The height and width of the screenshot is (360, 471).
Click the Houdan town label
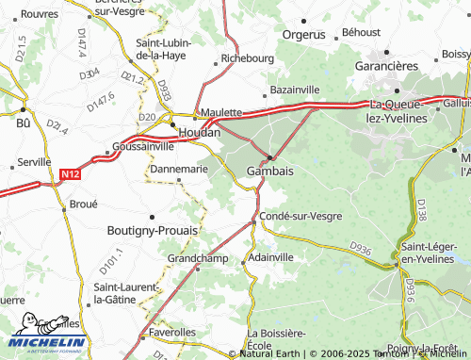[199, 133]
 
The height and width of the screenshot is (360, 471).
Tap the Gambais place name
[269, 172]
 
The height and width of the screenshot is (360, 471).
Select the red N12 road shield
[70, 174]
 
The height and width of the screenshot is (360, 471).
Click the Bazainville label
[295, 89]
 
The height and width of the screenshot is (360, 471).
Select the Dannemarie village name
[179, 170]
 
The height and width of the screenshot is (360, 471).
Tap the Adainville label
[273, 256]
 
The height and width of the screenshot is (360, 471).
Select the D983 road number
[165, 90]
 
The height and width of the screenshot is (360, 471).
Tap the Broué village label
[84, 204]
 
